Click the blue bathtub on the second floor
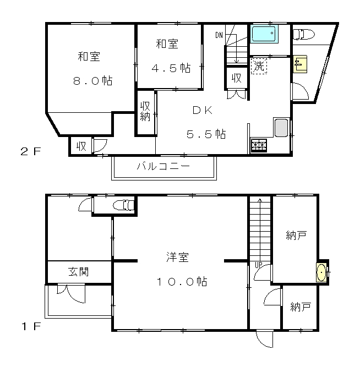pyautogui.click(x=264, y=35)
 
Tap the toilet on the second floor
pyautogui.click(x=304, y=35)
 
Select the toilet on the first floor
pyautogui.click(x=123, y=205)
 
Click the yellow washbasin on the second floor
pyautogui.click(x=300, y=64)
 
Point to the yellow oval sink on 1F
pyautogui.click(x=321, y=272)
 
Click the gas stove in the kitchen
pyautogui.click(x=259, y=145)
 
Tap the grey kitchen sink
pyautogui.click(x=281, y=128)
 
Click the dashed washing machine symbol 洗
pyautogui.click(x=259, y=66)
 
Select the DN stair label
pyautogui.click(x=219, y=35)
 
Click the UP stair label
pyautogui.click(x=258, y=265)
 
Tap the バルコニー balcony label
pyautogui.click(x=163, y=166)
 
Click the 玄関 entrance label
pyautogui.click(x=79, y=272)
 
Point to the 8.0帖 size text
pyautogui.click(x=92, y=81)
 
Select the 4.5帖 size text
pyautogui.click(x=171, y=68)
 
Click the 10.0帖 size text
pyautogui.click(x=182, y=282)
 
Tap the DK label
pyautogui.click(x=203, y=110)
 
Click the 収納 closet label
pyautogui.click(x=145, y=111)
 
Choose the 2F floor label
pyautogui.click(x=31, y=151)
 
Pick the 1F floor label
pyautogui.click(x=31, y=326)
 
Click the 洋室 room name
pyautogui.click(x=177, y=258)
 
